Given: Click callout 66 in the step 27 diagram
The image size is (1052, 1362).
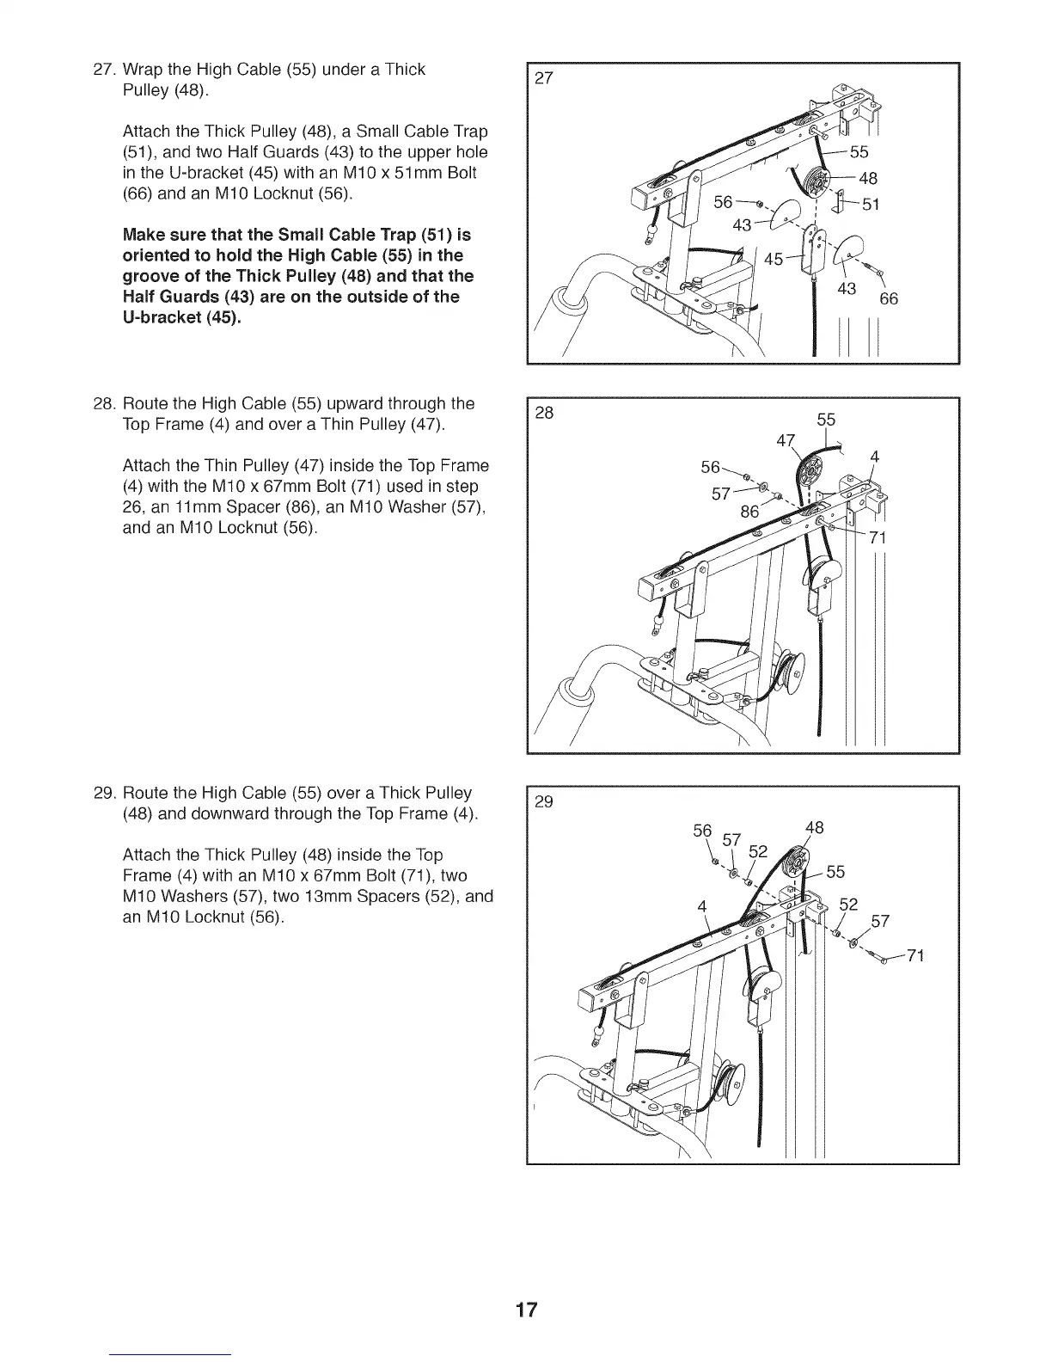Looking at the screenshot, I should point(889,299).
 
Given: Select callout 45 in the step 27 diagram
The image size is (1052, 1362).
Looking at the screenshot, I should point(774,258).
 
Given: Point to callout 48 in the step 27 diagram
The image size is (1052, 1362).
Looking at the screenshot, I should point(867,179).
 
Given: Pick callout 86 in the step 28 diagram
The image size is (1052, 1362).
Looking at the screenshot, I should point(750,512).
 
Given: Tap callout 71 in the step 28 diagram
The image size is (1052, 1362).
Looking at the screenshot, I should point(878,539).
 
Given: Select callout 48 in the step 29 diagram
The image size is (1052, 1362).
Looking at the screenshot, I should point(814,827).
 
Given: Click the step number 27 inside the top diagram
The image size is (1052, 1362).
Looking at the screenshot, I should point(544,79).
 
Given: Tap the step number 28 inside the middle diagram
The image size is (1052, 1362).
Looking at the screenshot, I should point(544,413).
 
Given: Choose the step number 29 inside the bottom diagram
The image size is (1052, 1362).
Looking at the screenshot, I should point(544,802).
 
